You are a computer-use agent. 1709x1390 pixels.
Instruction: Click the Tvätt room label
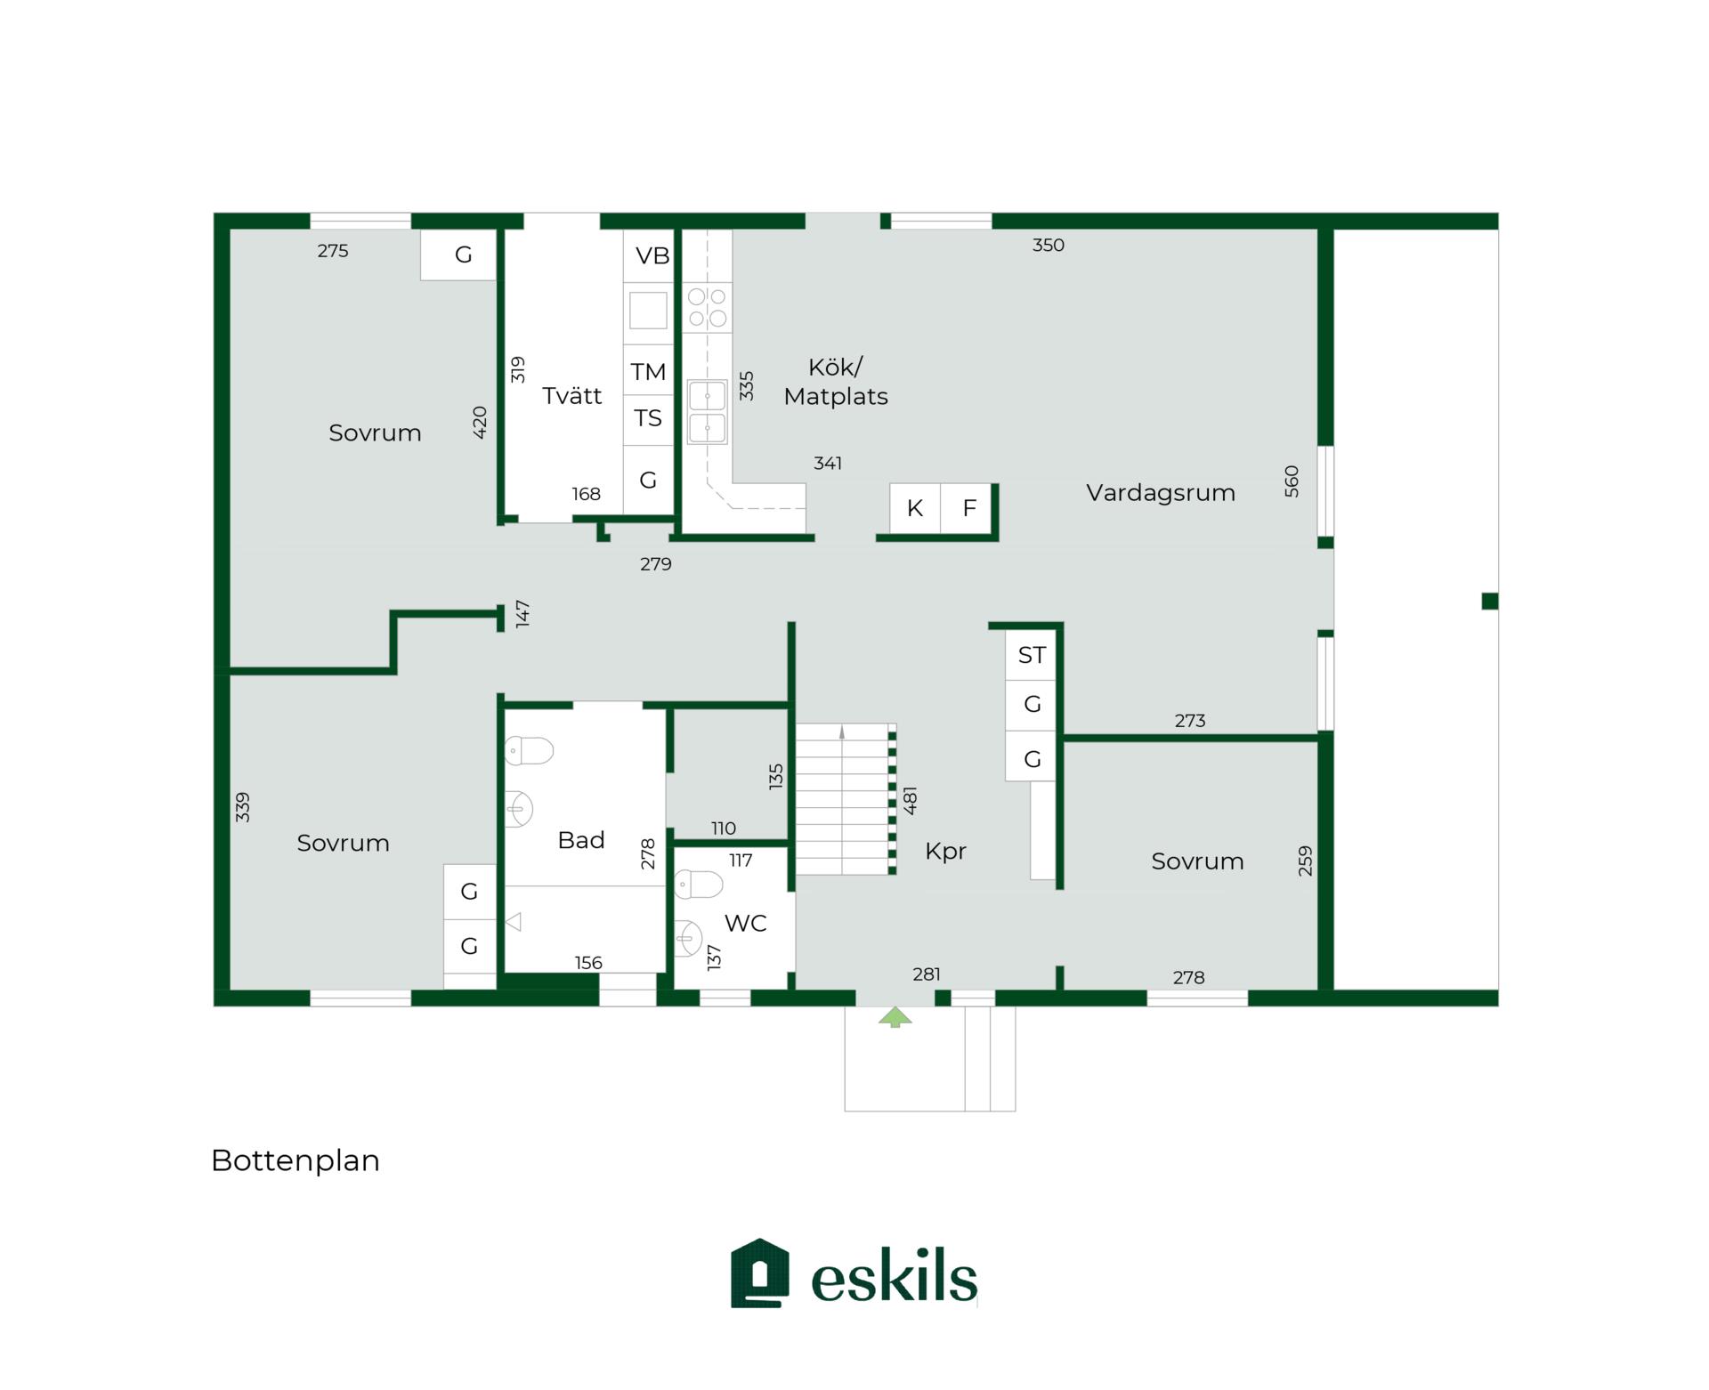tap(571, 395)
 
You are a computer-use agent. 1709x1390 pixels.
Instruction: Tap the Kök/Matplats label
tap(836, 382)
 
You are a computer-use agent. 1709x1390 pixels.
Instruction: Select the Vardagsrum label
tap(1161, 492)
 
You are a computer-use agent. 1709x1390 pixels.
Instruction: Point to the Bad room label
tap(581, 840)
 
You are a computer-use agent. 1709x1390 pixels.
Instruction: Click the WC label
tap(746, 923)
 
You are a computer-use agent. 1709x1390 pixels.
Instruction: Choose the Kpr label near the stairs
tap(945, 852)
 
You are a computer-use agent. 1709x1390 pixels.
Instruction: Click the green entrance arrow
tap(895, 1016)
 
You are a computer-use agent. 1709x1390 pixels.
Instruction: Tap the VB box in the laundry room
tap(649, 256)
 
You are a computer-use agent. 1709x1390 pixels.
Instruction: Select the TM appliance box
tap(649, 371)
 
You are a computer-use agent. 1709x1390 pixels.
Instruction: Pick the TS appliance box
tap(649, 419)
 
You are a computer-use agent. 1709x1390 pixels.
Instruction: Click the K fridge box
tap(915, 508)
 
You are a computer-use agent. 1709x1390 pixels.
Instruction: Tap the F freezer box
tap(967, 508)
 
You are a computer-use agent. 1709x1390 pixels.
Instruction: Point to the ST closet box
tap(1031, 655)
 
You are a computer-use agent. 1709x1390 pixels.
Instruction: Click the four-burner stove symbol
tap(708, 308)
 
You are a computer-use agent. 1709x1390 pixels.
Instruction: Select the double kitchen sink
tap(708, 412)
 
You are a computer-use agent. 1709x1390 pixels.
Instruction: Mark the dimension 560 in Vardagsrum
tap(1292, 481)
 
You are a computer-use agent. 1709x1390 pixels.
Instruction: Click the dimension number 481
tap(910, 800)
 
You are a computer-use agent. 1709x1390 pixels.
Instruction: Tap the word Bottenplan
tap(296, 1160)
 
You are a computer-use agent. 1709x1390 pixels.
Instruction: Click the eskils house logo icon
tap(760, 1273)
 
